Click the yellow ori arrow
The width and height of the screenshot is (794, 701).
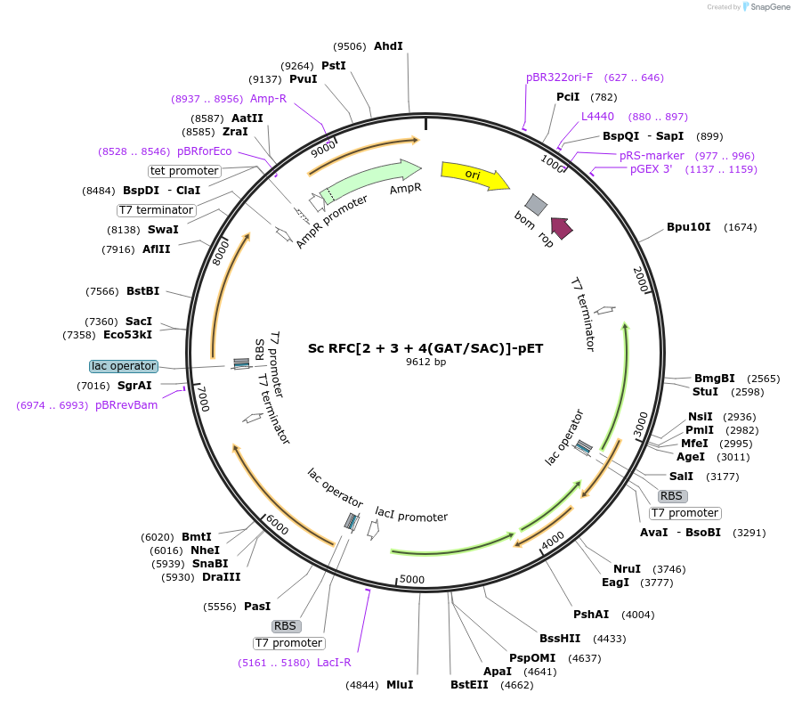click(474, 175)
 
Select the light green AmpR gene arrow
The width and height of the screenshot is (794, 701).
click(369, 181)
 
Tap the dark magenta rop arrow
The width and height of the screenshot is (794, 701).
click(562, 228)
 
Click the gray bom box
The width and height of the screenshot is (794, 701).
click(536, 204)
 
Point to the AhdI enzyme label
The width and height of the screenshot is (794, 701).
click(388, 46)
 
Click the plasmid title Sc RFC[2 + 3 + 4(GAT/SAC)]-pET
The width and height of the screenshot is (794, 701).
click(425, 348)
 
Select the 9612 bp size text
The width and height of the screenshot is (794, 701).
click(425, 362)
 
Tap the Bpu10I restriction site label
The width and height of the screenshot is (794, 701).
click(689, 227)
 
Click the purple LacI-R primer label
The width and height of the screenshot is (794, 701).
click(334, 663)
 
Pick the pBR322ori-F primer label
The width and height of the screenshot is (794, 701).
click(559, 77)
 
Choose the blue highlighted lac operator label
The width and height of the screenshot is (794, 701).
click(124, 366)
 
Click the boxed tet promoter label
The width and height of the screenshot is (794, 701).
click(184, 171)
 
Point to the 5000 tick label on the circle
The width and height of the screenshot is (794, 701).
click(411, 579)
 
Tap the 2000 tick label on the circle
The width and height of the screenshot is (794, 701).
click(641, 280)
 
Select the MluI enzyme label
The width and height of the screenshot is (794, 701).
click(400, 685)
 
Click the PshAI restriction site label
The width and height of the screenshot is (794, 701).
click(591, 615)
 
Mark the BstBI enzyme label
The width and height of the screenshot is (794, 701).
click(142, 291)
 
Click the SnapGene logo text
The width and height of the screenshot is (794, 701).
click(770, 6)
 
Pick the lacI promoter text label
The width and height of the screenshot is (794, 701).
click(411, 514)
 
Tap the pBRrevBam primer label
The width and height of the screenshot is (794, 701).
click(126, 405)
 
